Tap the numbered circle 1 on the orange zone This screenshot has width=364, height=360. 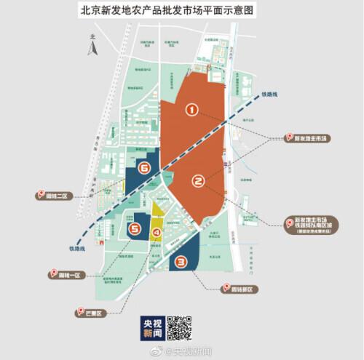click(x=191, y=110)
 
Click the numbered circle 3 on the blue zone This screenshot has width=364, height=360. click(x=182, y=263)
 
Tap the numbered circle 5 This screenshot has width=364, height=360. click(x=135, y=229)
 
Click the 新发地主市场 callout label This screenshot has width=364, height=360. click(x=308, y=137)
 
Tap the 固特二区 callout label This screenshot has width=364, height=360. click(x=55, y=195)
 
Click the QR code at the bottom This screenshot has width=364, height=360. click(x=180, y=328)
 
